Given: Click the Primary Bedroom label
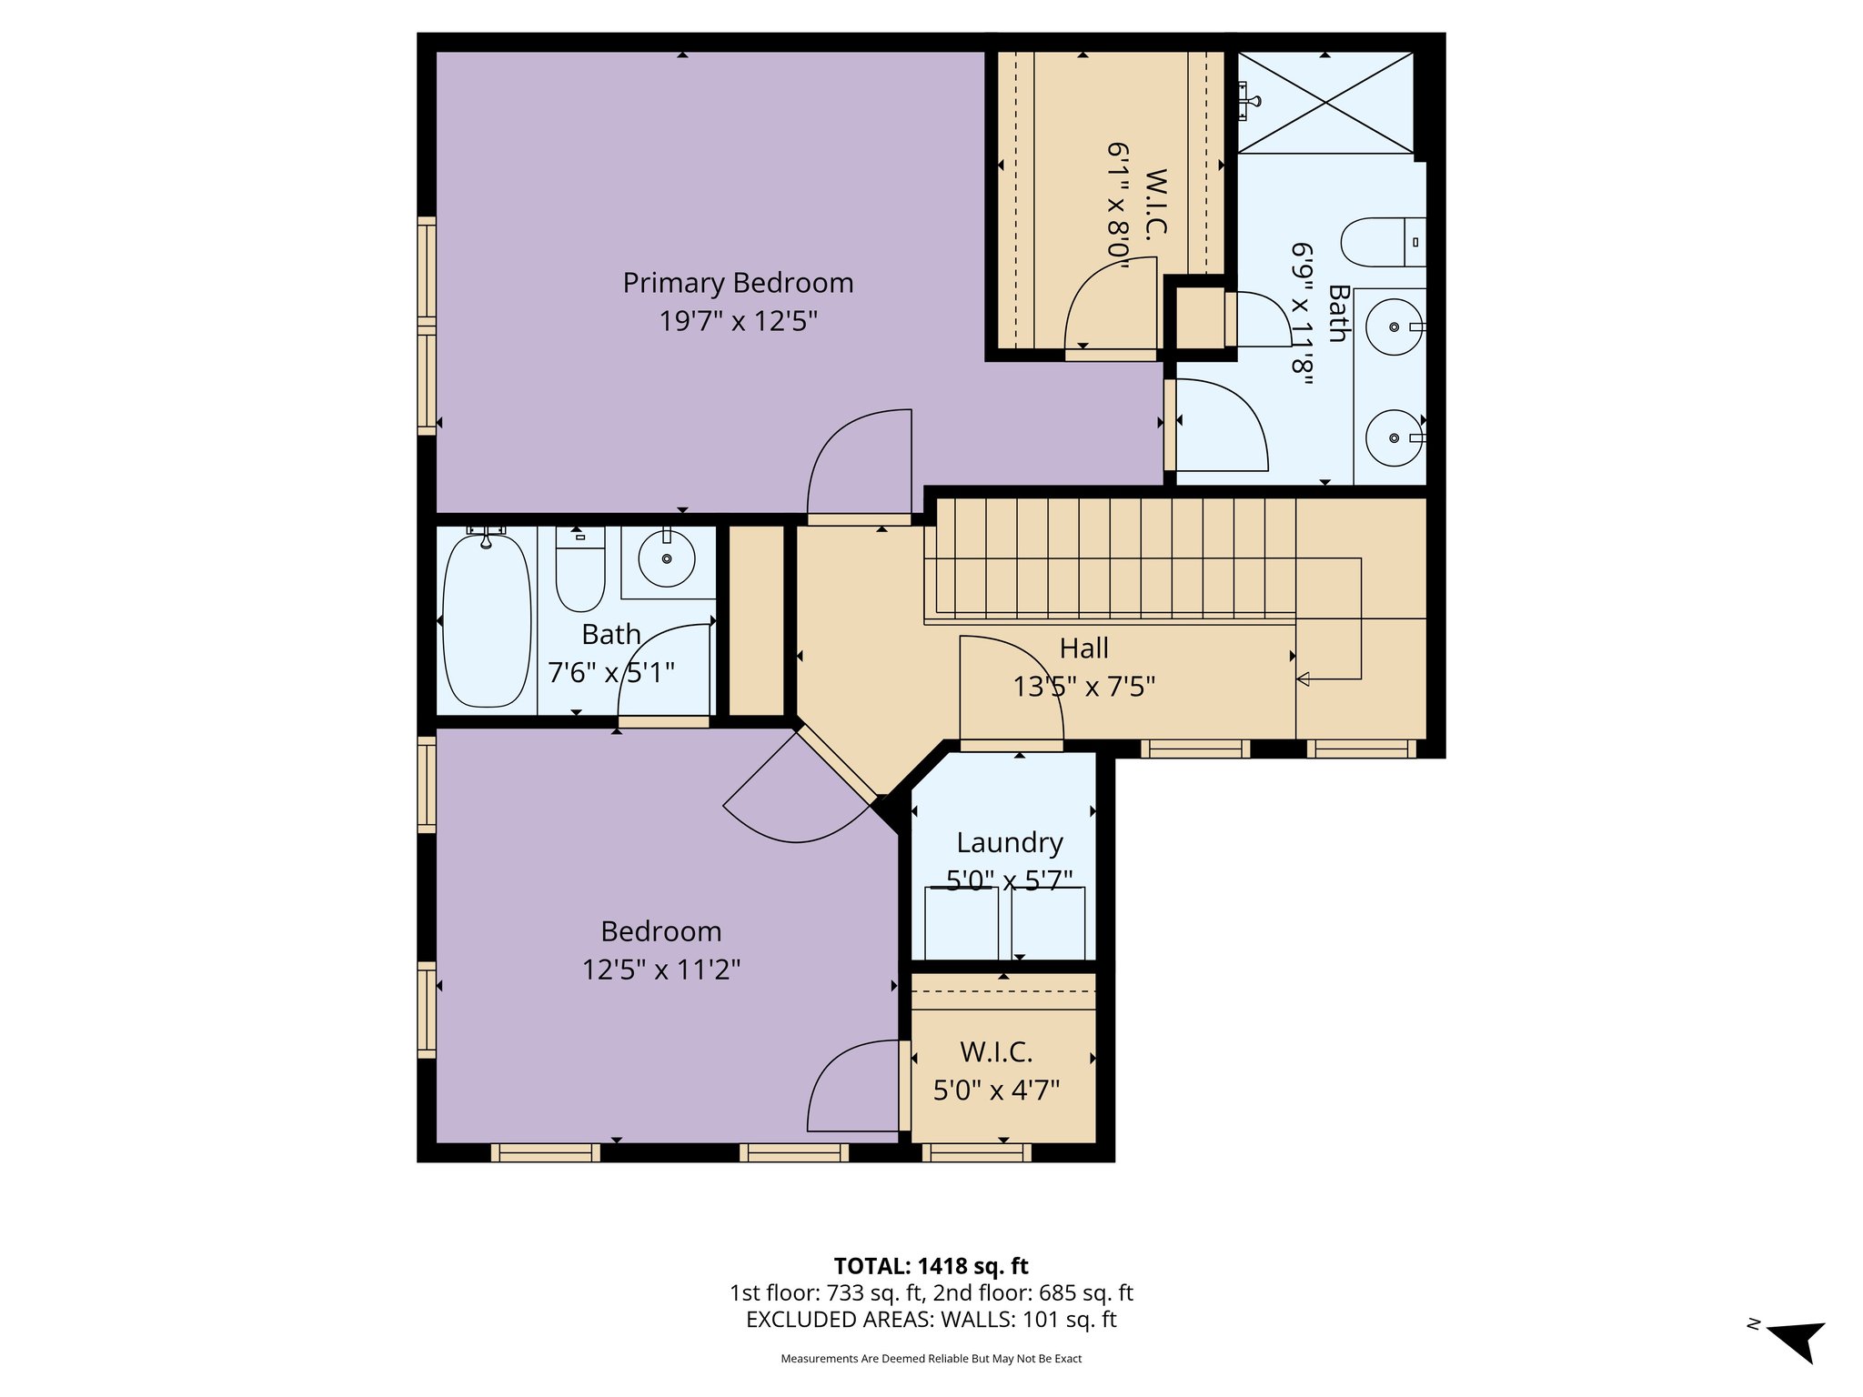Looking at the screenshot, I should [x=738, y=283].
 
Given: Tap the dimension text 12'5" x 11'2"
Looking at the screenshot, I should [x=661, y=970].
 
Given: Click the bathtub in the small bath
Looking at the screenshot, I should [x=487, y=620].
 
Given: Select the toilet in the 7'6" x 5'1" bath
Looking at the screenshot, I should [x=580, y=571].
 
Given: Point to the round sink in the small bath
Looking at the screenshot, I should [x=667, y=559].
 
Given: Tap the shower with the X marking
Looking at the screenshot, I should [x=1325, y=103].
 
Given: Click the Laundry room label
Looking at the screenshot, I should [x=1009, y=842].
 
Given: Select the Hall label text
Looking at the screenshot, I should [x=1083, y=648].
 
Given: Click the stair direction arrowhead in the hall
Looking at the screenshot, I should [x=1304, y=678].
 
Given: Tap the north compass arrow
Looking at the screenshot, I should [x=1797, y=1339].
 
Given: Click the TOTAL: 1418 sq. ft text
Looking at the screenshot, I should [x=931, y=1265].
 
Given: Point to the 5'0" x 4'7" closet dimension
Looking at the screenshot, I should [x=996, y=1090].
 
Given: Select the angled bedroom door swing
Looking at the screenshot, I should [x=796, y=800].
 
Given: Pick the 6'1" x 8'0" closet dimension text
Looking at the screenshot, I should [x=1118, y=206].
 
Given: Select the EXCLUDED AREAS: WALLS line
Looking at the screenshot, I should [x=931, y=1319].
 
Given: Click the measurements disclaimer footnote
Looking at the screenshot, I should [x=931, y=1359].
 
